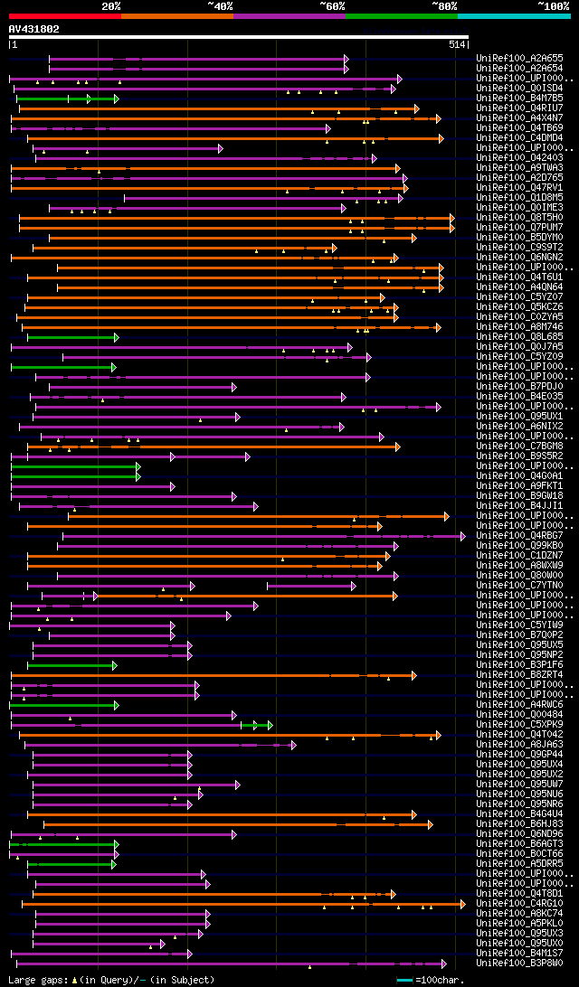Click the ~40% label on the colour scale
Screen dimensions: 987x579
(220, 6)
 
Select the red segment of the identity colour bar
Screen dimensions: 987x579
(64, 16)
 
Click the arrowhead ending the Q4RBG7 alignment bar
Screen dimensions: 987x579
(463, 536)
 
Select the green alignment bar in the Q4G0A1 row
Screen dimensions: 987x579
(74, 476)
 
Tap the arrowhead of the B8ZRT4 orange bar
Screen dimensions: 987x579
(413, 675)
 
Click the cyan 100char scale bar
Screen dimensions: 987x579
(404, 980)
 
